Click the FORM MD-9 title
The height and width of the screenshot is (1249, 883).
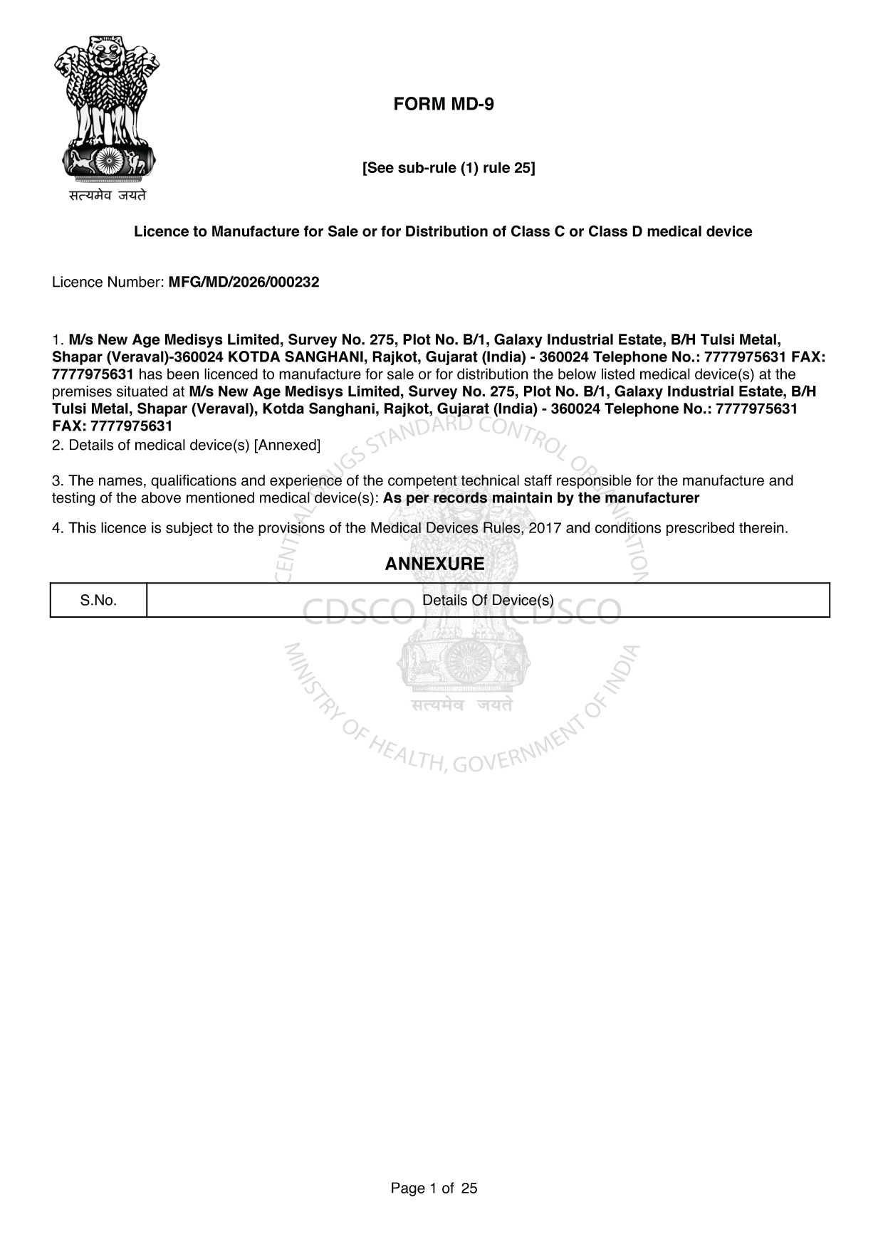[x=443, y=105]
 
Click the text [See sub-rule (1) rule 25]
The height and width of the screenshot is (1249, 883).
[x=449, y=168]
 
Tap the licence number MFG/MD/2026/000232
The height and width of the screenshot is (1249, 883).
[x=244, y=283]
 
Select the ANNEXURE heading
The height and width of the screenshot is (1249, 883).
[x=434, y=564]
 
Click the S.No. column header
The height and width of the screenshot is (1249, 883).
[x=98, y=601]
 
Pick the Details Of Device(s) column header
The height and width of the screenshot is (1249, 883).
[x=488, y=601]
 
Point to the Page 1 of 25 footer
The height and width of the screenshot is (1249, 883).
[x=434, y=1188]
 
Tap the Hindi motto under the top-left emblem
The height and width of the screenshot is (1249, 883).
[x=108, y=195]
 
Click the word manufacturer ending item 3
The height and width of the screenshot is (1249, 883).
[x=652, y=498]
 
